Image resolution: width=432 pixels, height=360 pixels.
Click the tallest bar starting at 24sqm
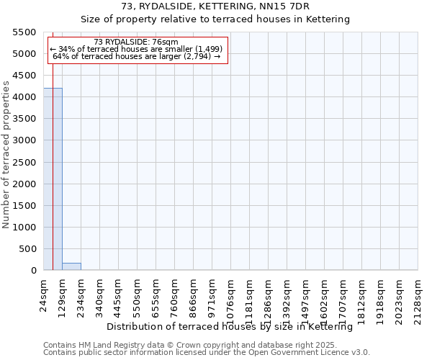pyautogui.click(x=53, y=179)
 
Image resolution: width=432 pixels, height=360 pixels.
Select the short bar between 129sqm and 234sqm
pyautogui.click(x=71, y=266)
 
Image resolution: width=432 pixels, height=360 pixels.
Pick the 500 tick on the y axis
pyautogui.click(x=27, y=249)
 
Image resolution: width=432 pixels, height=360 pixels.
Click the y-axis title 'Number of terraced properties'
pyautogui.click(x=6, y=154)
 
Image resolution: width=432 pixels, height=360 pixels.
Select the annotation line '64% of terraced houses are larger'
pyautogui.click(x=136, y=56)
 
